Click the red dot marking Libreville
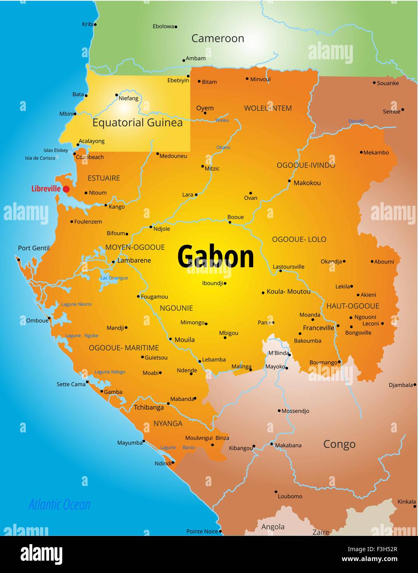(66, 189)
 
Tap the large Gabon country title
(216, 256)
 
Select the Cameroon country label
(218, 38)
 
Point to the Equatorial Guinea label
(137, 122)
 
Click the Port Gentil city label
(34, 248)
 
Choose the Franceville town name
(318, 328)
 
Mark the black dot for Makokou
(289, 181)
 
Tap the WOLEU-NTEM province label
(268, 108)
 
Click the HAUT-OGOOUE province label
(352, 306)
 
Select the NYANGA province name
(168, 423)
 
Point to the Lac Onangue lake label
(114, 278)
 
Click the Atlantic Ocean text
(59, 504)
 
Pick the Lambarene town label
(134, 260)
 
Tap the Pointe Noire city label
(202, 531)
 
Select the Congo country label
(339, 444)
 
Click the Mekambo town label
(376, 153)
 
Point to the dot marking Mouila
(171, 339)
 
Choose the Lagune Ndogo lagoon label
(110, 372)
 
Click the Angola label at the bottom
(273, 526)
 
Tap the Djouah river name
(356, 121)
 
